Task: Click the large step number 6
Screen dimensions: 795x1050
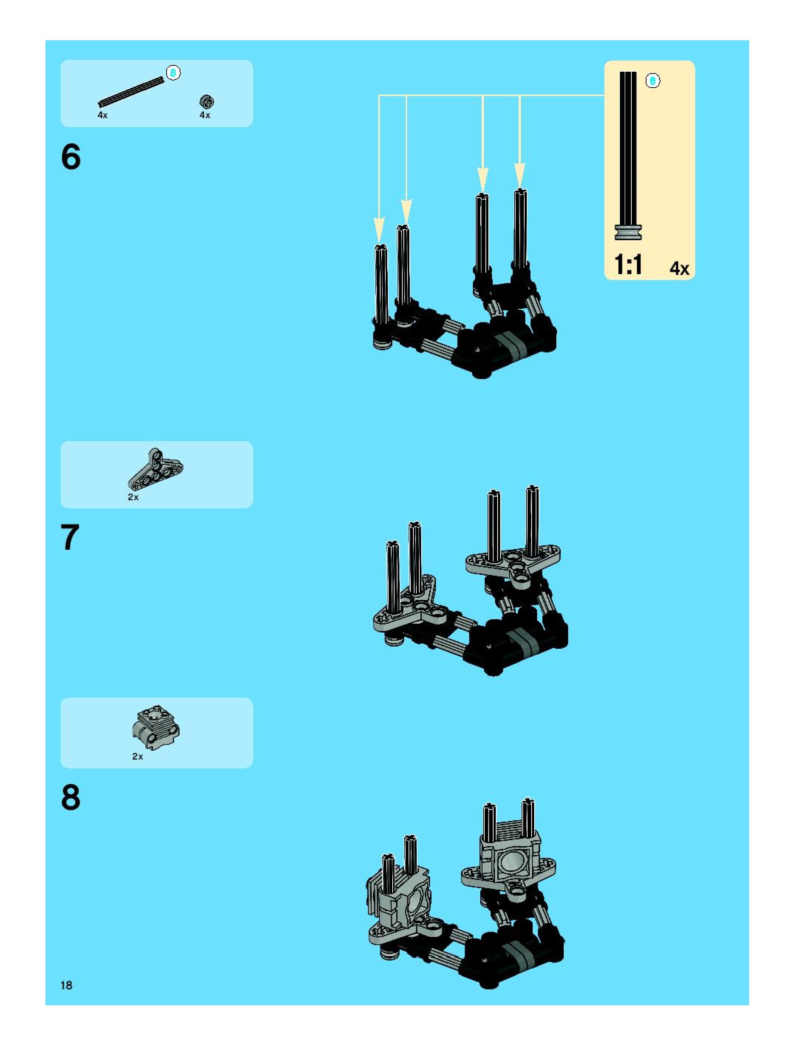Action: point(71,157)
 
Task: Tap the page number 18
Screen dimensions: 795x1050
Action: point(66,985)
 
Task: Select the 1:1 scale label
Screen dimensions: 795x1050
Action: point(628,265)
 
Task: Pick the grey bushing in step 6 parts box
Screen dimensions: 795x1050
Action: point(207,101)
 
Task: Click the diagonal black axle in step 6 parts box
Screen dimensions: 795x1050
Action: point(131,92)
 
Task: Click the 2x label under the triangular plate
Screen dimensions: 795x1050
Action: point(133,497)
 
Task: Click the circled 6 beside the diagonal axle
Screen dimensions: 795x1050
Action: point(173,73)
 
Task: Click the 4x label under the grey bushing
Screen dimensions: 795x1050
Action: point(205,115)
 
